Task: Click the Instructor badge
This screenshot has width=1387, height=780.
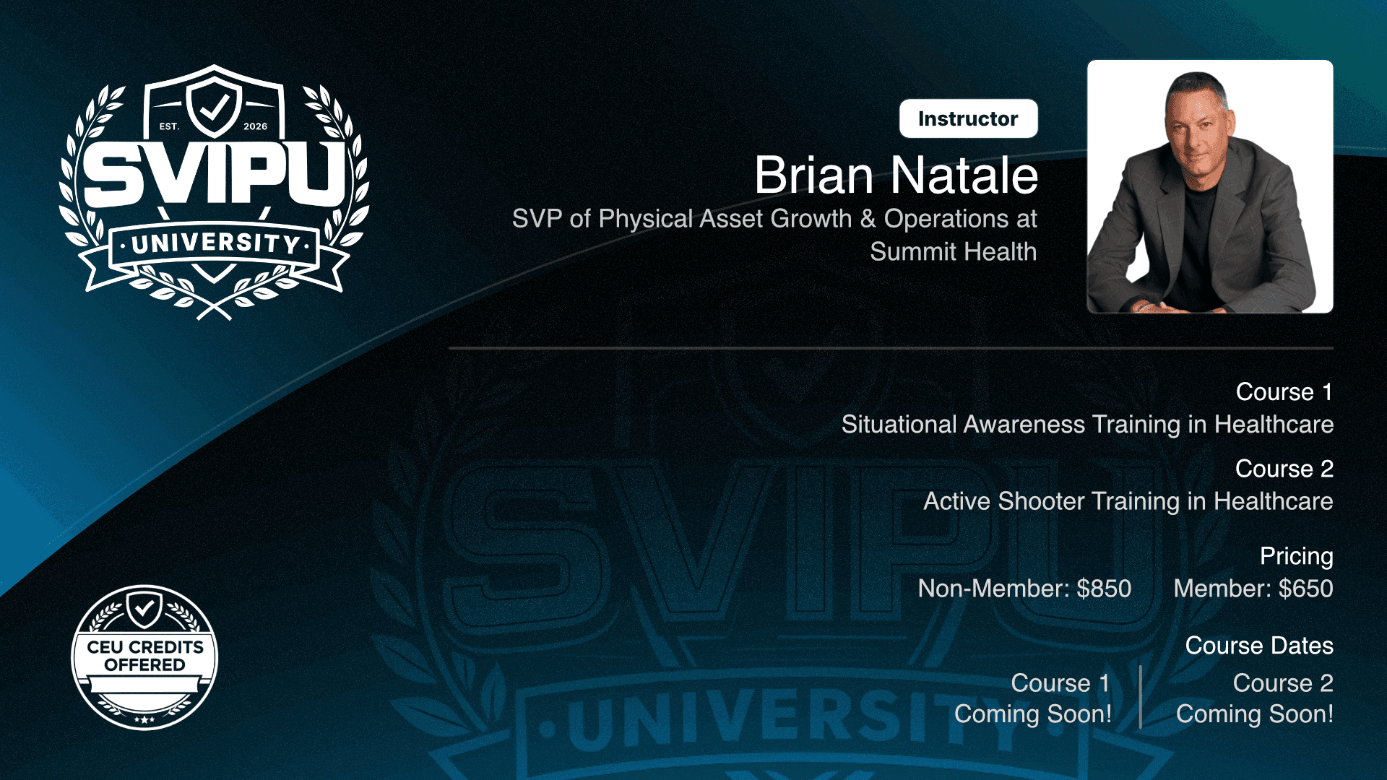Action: click(968, 118)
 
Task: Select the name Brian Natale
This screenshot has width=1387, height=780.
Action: click(896, 175)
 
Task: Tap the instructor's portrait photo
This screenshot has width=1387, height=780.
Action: click(1210, 186)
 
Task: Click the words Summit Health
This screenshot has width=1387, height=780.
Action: click(953, 251)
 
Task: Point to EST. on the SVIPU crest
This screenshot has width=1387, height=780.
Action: click(169, 126)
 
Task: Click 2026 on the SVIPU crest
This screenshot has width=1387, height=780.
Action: click(255, 126)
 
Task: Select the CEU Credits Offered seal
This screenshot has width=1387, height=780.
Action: click(144, 657)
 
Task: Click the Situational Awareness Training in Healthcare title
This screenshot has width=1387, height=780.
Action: click(1087, 424)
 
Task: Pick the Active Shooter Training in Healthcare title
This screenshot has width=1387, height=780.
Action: click(1128, 501)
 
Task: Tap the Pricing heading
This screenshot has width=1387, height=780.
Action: click(1296, 556)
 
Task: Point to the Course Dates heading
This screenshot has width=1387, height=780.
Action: click(1259, 646)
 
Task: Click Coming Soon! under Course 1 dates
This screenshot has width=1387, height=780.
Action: click(1033, 714)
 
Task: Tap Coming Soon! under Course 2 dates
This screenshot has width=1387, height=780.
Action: click(1255, 714)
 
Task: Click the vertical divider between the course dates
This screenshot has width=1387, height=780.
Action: click(1141, 697)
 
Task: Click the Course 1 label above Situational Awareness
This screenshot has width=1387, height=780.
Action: click(1284, 391)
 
